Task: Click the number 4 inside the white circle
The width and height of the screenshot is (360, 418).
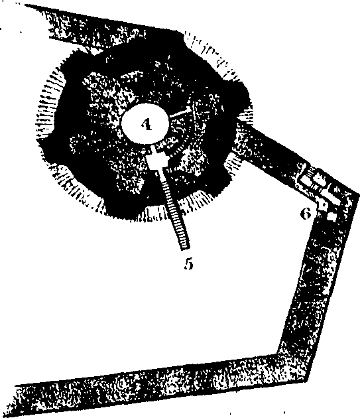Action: tap(147, 124)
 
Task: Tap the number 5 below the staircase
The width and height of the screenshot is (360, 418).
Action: tap(188, 263)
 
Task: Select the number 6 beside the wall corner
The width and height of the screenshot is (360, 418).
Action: tap(306, 214)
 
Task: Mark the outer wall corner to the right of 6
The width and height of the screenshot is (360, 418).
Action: tap(358, 193)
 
